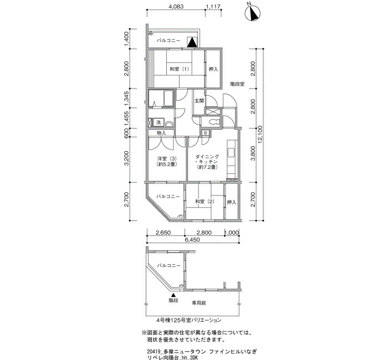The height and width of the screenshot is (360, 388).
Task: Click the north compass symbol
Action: pos(252,13)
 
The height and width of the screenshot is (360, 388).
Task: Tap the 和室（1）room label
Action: pos(179,69)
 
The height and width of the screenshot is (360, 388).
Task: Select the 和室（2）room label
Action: pos(205,202)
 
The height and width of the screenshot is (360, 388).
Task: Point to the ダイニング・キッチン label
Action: pos(207,162)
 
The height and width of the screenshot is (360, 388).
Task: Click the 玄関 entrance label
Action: pos(199,101)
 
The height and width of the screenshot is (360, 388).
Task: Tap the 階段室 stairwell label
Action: pos(237,84)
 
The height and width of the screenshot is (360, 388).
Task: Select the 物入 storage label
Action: pos(161,133)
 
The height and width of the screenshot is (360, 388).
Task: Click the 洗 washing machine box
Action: pos(158,122)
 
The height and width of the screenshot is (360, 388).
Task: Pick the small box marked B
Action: pos(206,133)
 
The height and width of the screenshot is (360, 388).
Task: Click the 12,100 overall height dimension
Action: pos(260,135)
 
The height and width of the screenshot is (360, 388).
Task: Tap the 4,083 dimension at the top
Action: pos(176,7)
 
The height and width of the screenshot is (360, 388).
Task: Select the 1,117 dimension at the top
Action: pos(213,7)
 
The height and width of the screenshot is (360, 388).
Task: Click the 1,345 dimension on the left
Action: pos(127,99)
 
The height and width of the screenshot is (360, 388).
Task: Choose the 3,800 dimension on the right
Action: pos(252,155)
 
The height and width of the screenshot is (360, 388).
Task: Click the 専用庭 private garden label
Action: pos(199,303)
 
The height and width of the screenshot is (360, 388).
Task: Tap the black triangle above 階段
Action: pos(173,295)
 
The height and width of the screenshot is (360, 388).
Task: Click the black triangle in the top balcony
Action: pos(192,43)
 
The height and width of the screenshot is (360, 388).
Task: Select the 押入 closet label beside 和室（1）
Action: pos(213,69)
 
